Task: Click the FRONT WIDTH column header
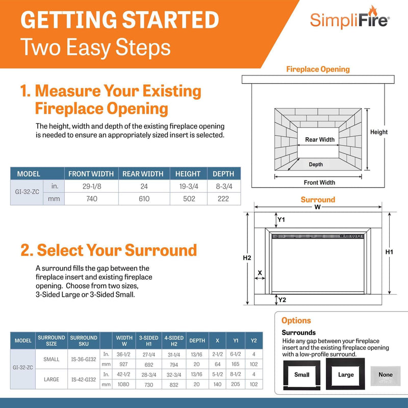[91, 173]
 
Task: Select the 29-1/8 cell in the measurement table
[91, 186]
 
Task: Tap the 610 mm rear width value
[144, 199]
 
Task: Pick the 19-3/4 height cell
[188, 186]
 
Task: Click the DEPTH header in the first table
[223, 173]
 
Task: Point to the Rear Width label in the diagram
[320, 140]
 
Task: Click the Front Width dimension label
[320, 182]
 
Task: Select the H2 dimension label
[247, 258]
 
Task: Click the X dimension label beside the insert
[260, 273]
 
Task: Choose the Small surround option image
[302, 375]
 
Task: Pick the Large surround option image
[346, 375]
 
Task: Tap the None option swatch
[386, 374]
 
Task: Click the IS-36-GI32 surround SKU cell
[84, 359]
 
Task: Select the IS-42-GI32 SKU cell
[84, 379]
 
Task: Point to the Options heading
[296, 321]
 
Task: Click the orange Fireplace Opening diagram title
[318, 69]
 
